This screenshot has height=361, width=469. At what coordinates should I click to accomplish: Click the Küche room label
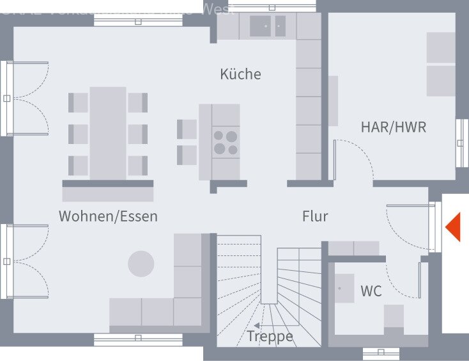[240, 74]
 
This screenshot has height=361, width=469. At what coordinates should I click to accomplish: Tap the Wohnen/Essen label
[108, 216]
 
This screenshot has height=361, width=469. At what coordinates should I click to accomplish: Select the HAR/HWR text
[393, 127]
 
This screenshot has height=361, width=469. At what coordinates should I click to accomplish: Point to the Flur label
[315, 216]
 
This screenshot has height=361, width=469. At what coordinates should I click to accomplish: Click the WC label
[371, 291]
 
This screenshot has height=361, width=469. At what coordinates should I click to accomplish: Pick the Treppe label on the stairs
[270, 336]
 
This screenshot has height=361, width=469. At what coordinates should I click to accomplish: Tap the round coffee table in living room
[141, 264]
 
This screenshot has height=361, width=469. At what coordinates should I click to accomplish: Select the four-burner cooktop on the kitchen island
[226, 143]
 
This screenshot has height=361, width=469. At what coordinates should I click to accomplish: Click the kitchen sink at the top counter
[268, 26]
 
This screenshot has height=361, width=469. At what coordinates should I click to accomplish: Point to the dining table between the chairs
[107, 132]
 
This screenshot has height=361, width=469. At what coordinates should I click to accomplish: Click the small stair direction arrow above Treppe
[257, 325]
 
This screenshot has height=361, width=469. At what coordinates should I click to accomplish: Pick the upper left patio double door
[26, 99]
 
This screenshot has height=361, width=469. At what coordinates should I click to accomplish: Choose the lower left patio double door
[26, 261]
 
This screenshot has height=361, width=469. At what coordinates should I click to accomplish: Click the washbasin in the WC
[346, 288]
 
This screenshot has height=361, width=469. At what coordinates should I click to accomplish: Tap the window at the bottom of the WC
[381, 353]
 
